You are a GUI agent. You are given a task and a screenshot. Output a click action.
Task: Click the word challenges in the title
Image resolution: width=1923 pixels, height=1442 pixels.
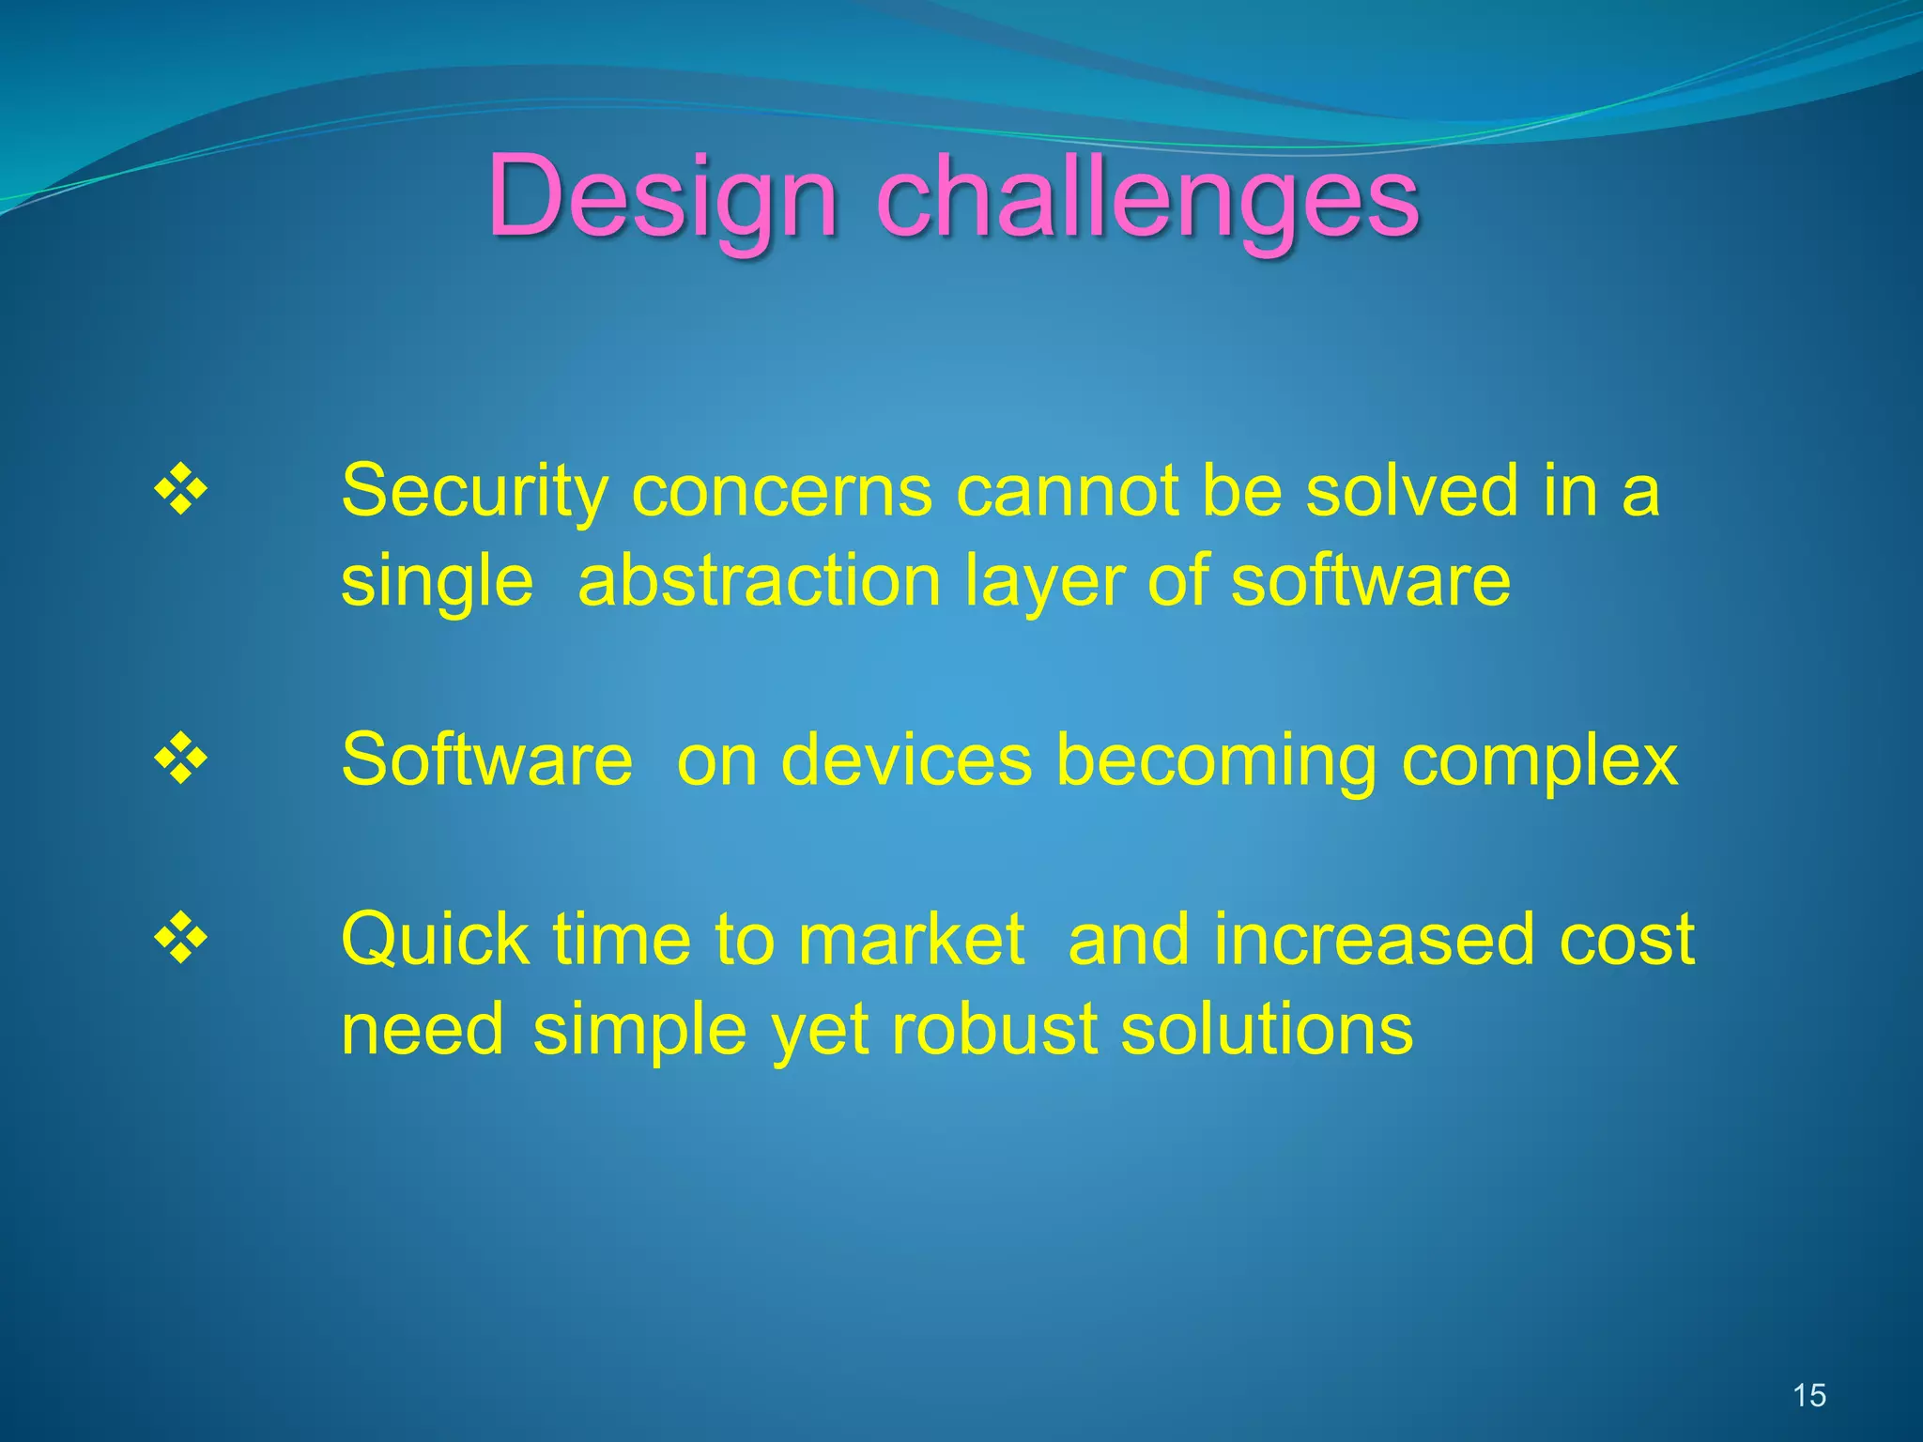coord(1147,199)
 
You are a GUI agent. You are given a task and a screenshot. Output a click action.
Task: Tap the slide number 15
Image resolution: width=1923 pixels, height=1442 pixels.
coord(1808,1395)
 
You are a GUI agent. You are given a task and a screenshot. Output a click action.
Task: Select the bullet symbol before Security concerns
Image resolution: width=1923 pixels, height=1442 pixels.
coord(180,489)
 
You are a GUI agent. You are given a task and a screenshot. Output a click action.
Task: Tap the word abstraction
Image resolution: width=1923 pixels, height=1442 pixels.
coord(759,582)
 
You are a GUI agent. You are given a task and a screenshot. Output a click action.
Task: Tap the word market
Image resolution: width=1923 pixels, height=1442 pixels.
coord(911,940)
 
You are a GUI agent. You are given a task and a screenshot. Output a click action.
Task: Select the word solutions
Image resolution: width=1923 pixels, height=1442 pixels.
coord(1267,1029)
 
